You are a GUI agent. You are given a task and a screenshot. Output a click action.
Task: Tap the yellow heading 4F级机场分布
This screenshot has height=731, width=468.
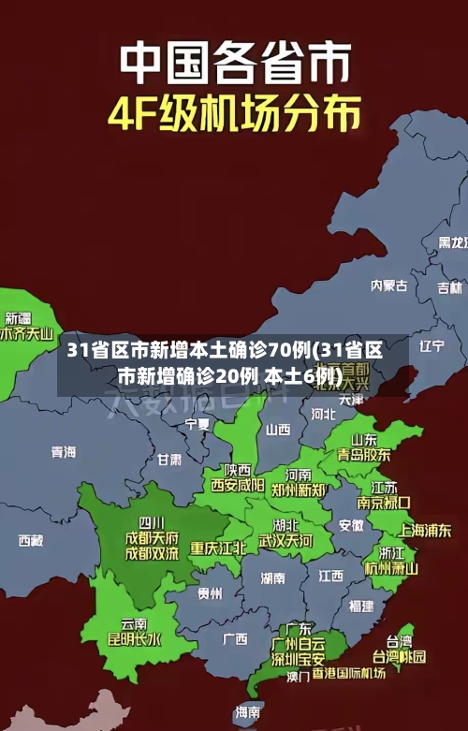[234, 113]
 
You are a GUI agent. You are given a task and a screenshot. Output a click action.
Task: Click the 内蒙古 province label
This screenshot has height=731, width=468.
[389, 259]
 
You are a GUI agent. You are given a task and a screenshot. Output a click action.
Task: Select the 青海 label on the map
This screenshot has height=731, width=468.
[64, 452]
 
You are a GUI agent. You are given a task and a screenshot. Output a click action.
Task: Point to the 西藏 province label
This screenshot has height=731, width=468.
[30, 540]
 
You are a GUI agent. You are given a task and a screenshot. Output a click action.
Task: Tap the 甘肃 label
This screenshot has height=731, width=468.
[169, 460]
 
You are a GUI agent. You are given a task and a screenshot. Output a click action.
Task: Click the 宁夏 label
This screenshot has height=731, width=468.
[197, 424]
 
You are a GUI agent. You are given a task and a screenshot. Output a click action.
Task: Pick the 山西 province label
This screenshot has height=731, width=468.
[278, 430]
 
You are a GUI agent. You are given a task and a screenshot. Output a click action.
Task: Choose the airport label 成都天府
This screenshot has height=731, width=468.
[152, 538]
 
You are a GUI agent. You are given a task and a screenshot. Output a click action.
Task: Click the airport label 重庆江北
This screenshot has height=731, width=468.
[219, 548]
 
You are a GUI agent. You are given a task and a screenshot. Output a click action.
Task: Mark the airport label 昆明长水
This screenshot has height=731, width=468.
[135, 640]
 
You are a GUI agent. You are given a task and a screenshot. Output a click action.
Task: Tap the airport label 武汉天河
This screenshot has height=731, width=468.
[286, 541]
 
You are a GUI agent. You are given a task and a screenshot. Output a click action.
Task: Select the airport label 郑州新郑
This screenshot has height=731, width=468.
[299, 490]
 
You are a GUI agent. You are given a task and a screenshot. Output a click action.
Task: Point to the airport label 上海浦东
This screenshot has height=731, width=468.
[426, 529]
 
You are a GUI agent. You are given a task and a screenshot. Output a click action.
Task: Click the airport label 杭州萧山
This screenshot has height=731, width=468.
[390, 567]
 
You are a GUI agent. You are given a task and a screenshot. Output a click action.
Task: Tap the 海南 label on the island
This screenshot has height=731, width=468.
[248, 712]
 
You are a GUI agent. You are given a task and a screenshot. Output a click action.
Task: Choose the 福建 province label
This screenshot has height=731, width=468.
[360, 606]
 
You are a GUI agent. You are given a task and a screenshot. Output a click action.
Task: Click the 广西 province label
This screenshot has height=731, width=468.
[235, 639]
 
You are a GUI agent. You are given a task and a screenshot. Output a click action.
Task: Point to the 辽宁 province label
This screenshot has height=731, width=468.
[431, 346]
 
